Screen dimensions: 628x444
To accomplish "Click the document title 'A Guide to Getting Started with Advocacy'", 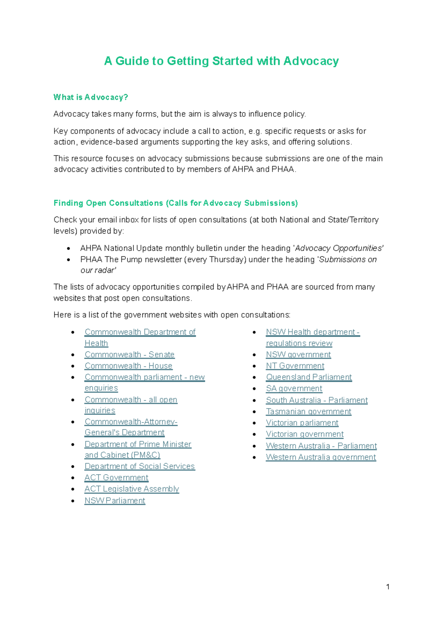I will point(221,61).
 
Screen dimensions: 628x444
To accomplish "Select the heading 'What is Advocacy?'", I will point(91,97).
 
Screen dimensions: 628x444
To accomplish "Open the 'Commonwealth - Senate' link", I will point(129,355).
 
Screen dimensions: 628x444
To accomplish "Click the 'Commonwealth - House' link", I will point(128,366).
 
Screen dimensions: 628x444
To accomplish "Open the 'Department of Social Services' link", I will point(139,467).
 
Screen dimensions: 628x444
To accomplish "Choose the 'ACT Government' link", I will point(116,478).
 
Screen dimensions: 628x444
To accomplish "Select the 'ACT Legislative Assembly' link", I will point(132,489).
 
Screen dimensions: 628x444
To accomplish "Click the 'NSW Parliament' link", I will point(115,501).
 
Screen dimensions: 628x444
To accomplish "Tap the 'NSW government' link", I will point(298,355).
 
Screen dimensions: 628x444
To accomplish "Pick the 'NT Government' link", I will point(295,366).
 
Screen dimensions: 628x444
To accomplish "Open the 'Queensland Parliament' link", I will point(309,377).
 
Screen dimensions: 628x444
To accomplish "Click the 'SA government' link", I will point(294,389).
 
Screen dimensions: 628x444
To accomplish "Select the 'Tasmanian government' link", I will point(309,412).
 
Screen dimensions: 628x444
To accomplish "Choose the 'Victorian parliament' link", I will point(302,423).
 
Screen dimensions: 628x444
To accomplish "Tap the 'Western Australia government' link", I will point(321,457).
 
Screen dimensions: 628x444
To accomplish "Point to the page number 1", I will point(388,587).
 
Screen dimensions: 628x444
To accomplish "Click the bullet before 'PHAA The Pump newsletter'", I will point(68,260).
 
